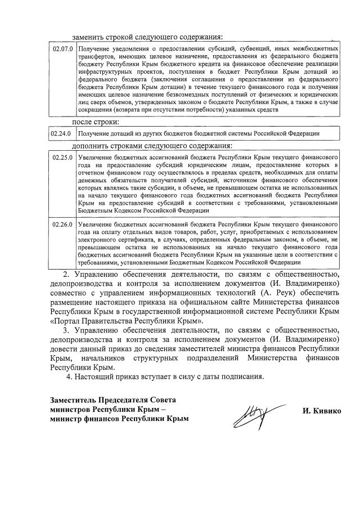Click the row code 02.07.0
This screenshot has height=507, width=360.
coord(62,49)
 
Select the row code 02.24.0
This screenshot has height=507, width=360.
coord(62,133)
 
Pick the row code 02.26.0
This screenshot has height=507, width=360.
coord(62,225)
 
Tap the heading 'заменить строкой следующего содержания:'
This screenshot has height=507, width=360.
coord(151,37)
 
